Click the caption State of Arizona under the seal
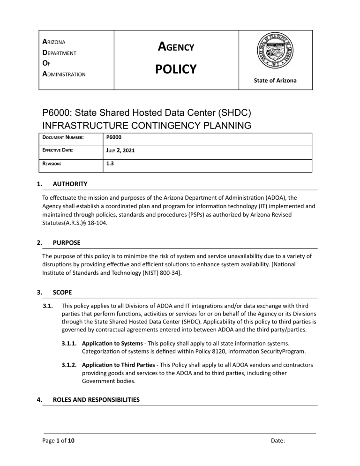[x=275, y=81]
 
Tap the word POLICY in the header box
[x=176, y=69]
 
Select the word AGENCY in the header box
[x=176, y=47]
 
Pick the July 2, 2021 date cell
[x=120, y=152]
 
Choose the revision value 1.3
[x=108, y=165]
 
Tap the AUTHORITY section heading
[x=70, y=184]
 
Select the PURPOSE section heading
[x=67, y=243]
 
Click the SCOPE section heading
[x=63, y=292]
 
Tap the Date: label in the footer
[x=278, y=441]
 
